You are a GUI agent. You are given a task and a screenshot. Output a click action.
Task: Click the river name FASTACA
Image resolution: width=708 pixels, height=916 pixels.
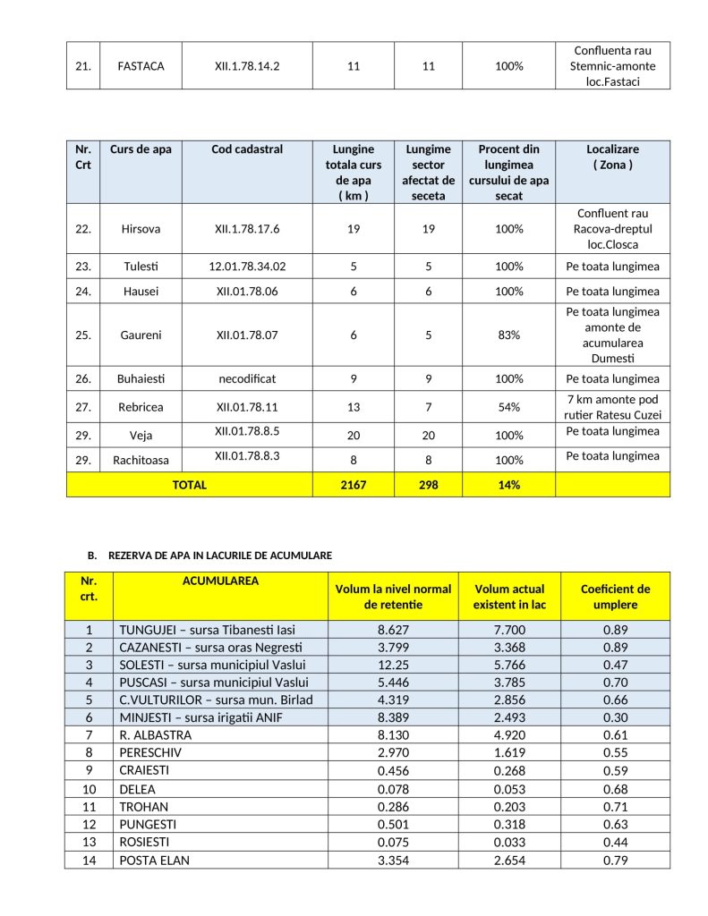141,65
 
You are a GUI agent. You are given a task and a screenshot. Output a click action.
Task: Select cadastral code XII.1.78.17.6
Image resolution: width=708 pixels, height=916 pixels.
248,229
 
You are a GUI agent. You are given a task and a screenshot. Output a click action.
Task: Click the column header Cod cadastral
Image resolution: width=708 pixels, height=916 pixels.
247,149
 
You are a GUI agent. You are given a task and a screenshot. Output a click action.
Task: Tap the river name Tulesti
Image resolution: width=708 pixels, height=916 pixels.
141,267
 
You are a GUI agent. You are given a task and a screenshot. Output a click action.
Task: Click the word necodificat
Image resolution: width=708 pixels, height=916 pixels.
248,378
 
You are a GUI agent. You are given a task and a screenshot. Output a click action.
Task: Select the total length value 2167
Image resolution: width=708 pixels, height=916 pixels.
354,485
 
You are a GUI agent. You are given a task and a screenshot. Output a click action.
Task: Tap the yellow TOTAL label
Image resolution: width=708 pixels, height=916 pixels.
189,485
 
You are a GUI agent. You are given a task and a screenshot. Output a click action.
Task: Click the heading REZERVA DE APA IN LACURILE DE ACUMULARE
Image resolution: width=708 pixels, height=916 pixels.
220,556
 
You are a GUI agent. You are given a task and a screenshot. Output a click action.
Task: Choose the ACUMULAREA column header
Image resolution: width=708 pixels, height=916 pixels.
220,581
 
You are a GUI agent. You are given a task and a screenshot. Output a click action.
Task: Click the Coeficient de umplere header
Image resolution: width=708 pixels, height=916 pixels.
615,597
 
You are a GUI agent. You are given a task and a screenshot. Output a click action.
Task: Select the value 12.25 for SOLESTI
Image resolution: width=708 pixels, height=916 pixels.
393,665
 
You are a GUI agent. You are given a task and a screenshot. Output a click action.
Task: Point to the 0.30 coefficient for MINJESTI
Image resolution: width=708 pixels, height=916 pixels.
615,717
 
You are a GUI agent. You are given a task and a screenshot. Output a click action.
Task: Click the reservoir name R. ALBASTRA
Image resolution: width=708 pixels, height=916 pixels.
155,735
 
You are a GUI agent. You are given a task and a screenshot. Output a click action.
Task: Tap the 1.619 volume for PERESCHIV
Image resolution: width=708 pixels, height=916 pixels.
509,753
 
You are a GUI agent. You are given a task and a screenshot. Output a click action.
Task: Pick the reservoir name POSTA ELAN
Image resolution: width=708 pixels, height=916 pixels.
154,861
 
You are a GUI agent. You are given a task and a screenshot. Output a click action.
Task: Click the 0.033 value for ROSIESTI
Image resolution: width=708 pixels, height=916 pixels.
509,843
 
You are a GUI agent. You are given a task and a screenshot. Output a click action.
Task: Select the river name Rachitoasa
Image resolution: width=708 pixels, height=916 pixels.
141,461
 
